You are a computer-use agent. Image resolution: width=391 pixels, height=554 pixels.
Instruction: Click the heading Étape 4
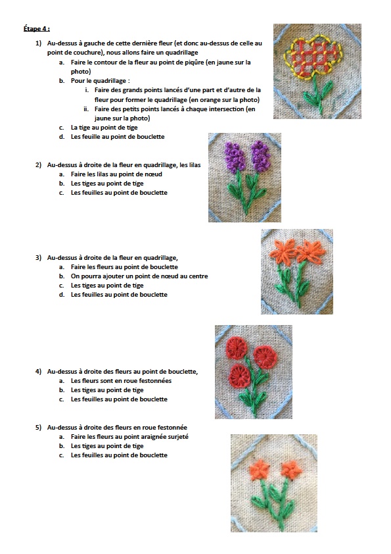37,28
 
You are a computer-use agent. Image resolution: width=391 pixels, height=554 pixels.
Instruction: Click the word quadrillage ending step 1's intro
182,53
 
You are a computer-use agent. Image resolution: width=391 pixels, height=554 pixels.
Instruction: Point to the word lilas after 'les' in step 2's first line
195,164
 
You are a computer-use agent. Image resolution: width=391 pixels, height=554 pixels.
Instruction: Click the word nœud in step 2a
154,174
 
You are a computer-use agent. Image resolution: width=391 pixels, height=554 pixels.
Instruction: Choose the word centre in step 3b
198,276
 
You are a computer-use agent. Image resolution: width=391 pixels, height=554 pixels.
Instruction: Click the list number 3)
39,257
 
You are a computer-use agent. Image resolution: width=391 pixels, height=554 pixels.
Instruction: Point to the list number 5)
39,427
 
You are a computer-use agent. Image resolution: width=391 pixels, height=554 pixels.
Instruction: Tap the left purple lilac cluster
235,156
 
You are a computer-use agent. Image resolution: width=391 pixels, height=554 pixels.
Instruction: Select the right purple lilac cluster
260,155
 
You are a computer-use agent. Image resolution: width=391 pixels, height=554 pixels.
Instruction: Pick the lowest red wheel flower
240,376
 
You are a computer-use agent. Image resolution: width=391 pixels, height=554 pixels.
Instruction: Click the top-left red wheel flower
237,347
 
